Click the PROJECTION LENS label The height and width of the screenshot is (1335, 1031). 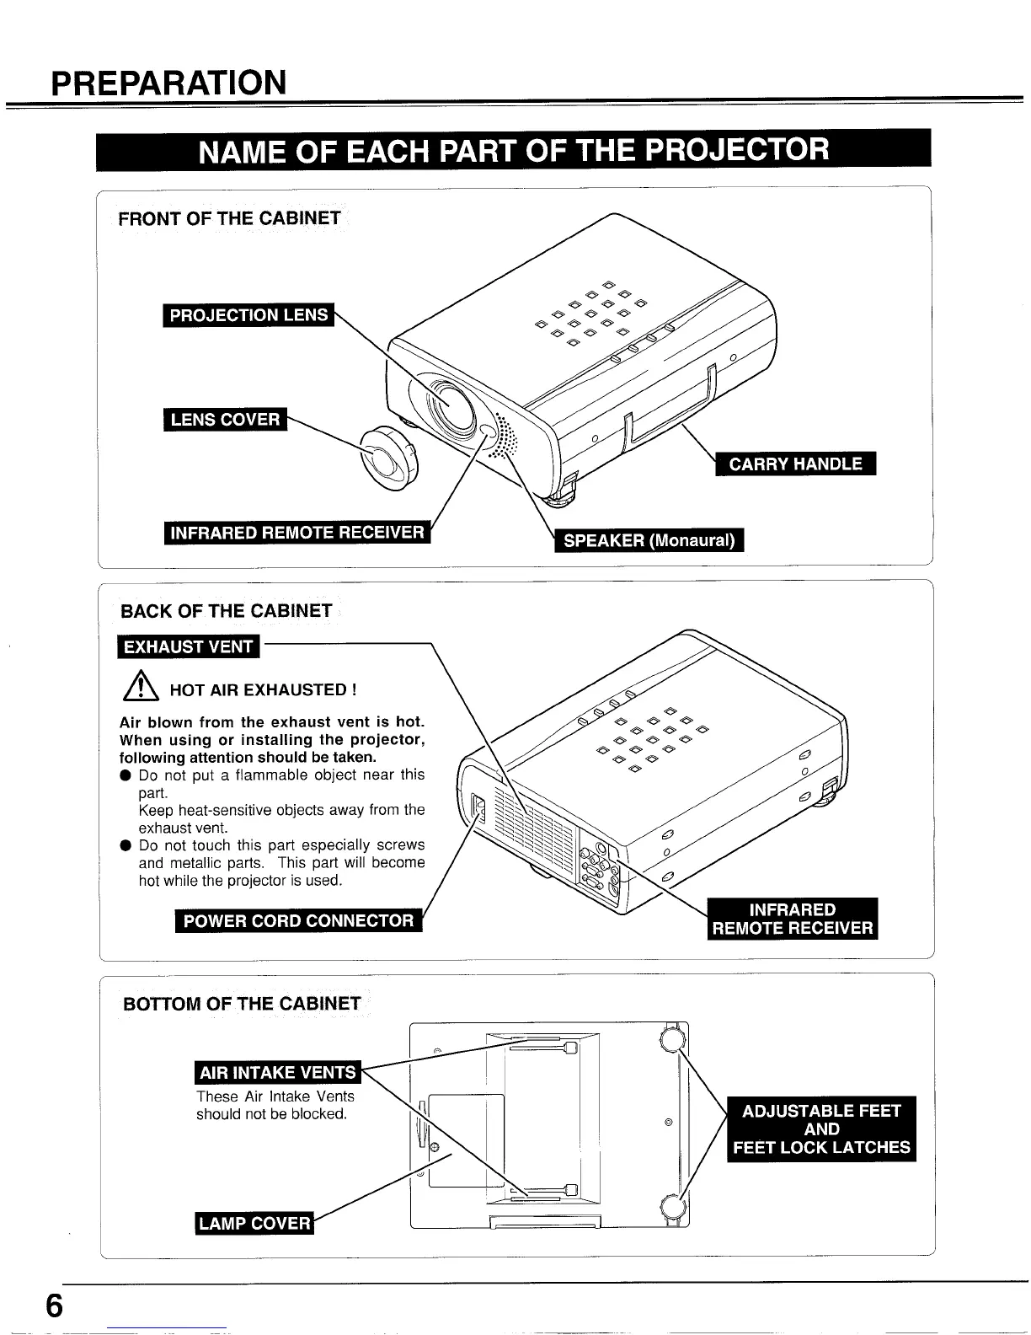tap(248, 315)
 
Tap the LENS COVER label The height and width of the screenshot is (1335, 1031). tap(225, 420)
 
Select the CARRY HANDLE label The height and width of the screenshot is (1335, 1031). tap(795, 464)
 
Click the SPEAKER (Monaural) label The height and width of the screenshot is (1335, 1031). tap(649, 540)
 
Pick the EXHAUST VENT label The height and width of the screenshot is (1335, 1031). tap(189, 647)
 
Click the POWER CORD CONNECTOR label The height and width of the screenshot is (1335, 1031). tap(298, 920)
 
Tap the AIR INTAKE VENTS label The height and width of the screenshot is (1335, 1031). tap(277, 1072)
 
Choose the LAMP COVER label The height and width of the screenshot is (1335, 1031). tap(254, 1223)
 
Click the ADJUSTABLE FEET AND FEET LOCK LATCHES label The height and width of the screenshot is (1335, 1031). tap(821, 1129)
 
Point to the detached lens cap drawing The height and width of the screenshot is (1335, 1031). tap(388, 458)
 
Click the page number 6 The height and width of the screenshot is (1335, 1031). tap(54, 1306)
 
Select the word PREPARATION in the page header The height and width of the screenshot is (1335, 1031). tap(168, 83)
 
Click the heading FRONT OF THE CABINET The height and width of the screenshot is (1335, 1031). tap(229, 219)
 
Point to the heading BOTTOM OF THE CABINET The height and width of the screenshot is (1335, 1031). tap(242, 1004)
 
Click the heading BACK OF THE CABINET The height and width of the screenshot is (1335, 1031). tap(227, 611)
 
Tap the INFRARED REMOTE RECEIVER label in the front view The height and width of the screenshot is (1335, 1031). tap(297, 533)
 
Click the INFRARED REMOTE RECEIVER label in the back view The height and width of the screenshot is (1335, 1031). tap(792, 919)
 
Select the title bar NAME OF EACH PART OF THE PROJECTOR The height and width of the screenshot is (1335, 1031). tap(514, 150)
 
